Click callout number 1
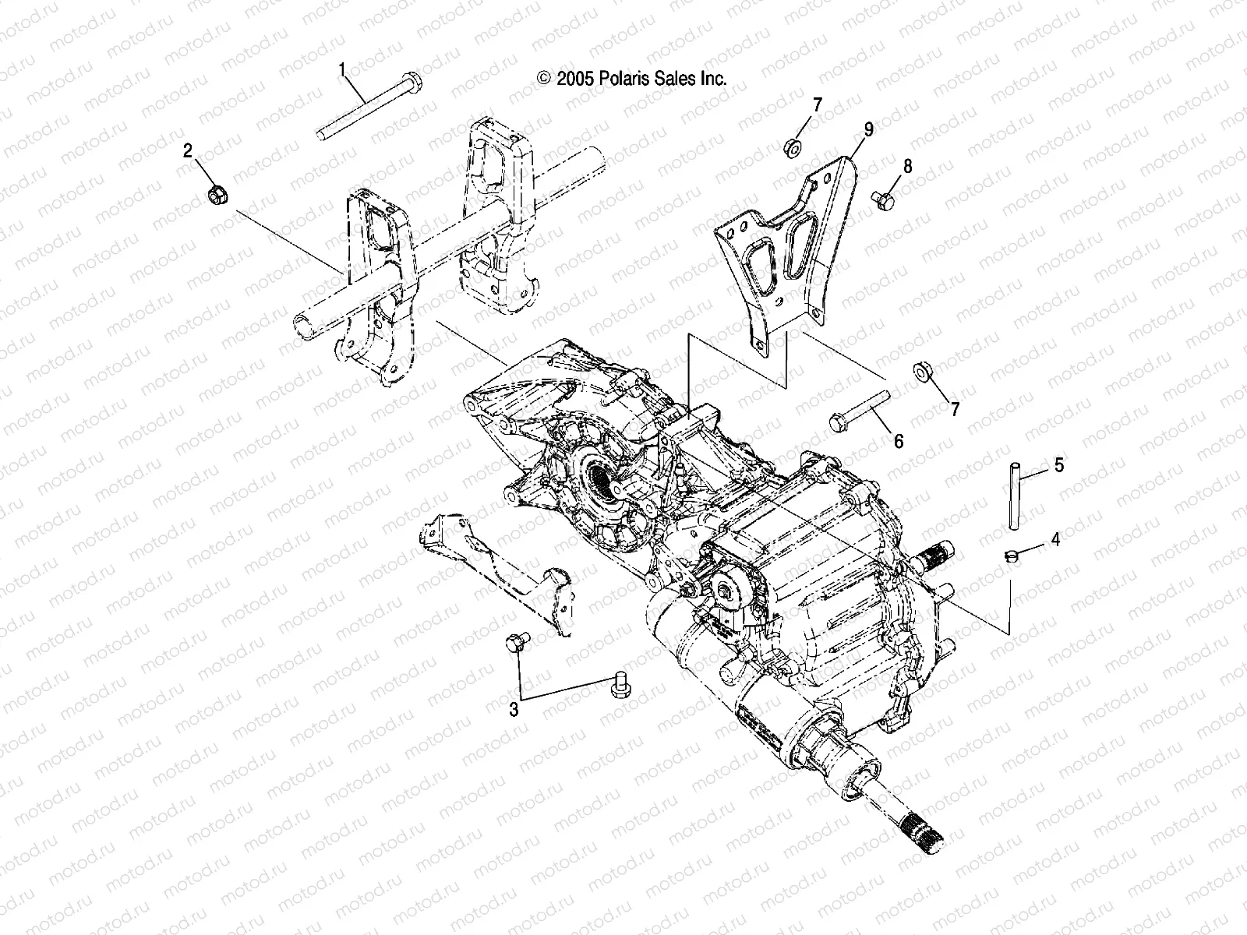click(341, 70)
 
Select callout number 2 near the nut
click(187, 151)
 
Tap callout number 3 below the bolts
click(514, 709)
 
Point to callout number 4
click(1056, 539)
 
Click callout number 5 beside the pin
click(1058, 465)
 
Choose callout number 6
click(898, 442)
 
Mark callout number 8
click(906, 166)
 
